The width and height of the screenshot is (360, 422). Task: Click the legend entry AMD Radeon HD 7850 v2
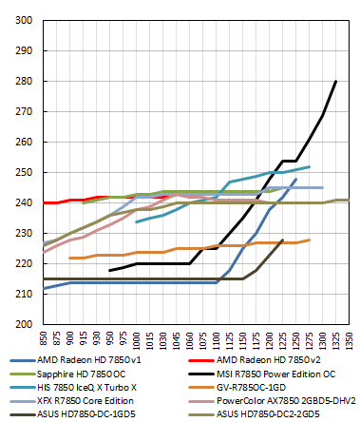257,361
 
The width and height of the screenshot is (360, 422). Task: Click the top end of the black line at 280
336,81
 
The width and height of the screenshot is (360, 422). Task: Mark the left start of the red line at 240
43,202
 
